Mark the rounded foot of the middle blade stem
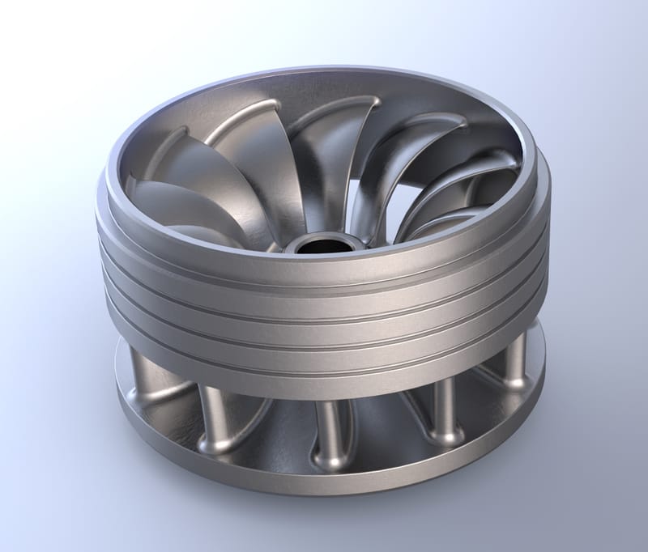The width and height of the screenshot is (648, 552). tap(332, 461)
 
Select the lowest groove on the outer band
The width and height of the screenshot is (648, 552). tap(324, 350)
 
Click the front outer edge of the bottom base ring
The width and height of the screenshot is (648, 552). tap(324, 486)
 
